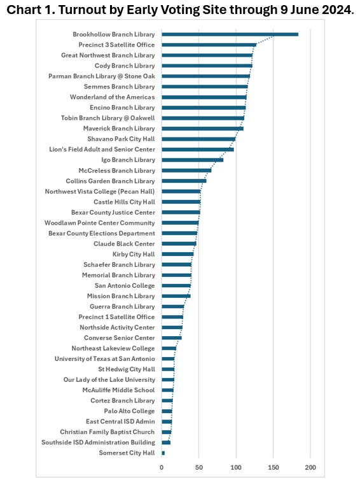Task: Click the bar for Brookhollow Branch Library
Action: click(230, 34)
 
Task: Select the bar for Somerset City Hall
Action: click(163, 453)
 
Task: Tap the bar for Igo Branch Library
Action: click(193, 160)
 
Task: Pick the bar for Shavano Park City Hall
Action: click(198, 139)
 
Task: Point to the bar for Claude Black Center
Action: click(179, 243)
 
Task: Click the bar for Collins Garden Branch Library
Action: click(184, 181)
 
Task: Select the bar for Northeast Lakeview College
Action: click(169, 348)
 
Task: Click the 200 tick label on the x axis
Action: click(311, 468)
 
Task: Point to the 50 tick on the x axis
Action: click(199, 468)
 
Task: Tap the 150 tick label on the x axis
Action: click(273, 468)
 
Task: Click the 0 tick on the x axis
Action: click(162, 468)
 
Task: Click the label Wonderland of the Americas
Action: click(112, 97)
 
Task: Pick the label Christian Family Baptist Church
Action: click(107, 432)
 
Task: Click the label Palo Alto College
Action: click(129, 411)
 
